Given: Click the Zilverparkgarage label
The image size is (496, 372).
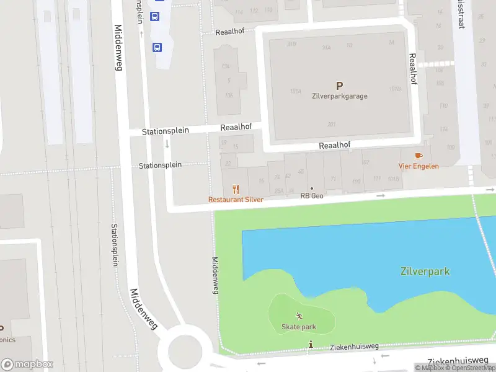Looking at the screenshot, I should coord(339,96).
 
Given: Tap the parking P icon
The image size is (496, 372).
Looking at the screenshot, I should coord(339,86).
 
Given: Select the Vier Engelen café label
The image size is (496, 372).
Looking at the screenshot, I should coord(418,166).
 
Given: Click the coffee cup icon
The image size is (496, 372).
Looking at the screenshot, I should coord(419,156).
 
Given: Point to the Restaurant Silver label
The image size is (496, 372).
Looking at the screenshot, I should coord(236,200).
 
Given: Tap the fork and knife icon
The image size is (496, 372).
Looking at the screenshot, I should coord(236,189).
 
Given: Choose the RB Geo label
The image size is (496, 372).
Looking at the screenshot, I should coord(312,196).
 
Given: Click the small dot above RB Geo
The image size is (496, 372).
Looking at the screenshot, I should coord(312,188).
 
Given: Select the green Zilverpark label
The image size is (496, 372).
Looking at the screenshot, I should coord(425,272).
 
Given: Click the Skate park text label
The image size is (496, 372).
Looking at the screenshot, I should coord(299,327).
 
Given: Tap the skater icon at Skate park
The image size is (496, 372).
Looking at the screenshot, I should coord(299,316).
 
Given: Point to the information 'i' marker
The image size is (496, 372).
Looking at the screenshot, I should coord(311,344).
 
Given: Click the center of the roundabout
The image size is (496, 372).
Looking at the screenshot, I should coord(180,351).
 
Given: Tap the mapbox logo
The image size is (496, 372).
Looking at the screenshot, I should coord(27,365).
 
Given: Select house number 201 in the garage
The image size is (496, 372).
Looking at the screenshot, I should coord(331,123).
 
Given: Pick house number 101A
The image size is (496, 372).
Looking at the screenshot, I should coord(295,91).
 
